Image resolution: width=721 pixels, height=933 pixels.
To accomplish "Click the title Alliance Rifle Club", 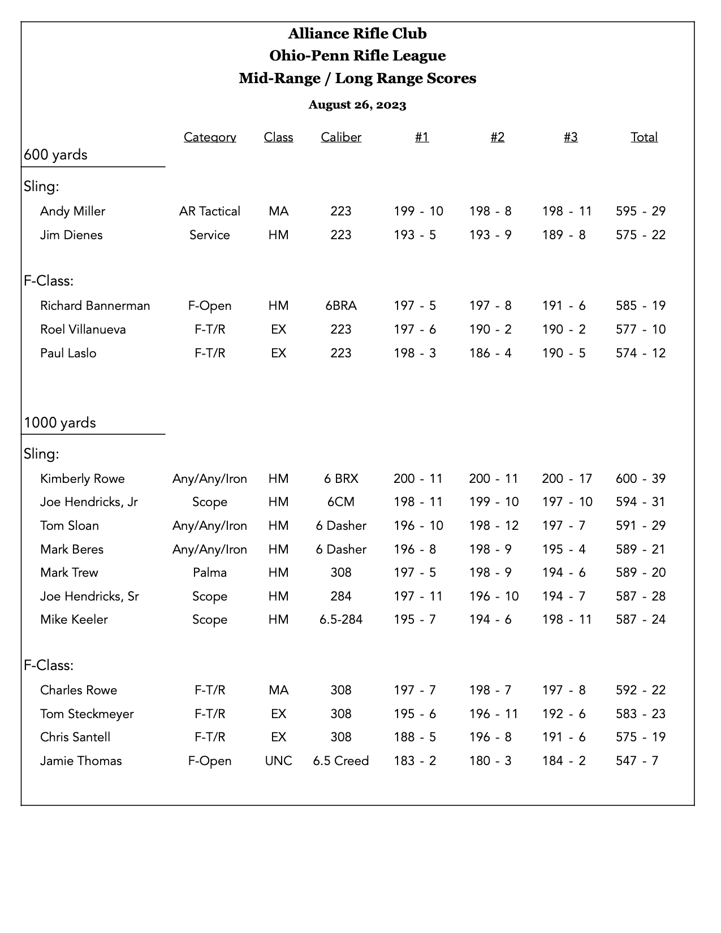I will (x=357, y=34).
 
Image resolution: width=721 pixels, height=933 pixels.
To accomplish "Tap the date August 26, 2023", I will (x=357, y=105).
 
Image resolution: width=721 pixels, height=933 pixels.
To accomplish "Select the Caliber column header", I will (x=341, y=137).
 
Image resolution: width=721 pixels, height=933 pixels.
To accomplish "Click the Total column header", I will (x=644, y=137).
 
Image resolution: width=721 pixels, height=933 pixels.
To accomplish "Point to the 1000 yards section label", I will (x=60, y=423).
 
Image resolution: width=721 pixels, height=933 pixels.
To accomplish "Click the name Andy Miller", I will (x=72, y=211).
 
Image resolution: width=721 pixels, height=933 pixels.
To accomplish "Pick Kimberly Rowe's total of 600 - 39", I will (x=641, y=479).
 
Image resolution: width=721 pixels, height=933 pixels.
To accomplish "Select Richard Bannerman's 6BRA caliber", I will (x=341, y=306).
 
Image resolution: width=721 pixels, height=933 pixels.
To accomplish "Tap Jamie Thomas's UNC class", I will (x=278, y=761).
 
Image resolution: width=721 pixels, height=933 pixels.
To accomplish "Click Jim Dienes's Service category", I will (x=210, y=235).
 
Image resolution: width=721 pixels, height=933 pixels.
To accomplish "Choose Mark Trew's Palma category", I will (x=210, y=573).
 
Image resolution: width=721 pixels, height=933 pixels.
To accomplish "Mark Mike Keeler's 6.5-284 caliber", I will (x=341, y=620).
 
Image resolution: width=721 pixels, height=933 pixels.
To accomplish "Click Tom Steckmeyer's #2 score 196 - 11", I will (x=494, y=714).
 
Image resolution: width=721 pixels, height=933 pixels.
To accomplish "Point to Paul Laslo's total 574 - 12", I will (x=641, y=353).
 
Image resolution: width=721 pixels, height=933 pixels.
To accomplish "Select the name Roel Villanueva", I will (x=83, y=330).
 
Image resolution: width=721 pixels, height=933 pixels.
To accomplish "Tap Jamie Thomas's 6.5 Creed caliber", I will (x=341, y=761).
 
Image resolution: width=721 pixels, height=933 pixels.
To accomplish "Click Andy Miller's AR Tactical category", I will (x=210, y=211).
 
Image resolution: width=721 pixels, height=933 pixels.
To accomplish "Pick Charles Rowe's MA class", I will (x=278, y=690).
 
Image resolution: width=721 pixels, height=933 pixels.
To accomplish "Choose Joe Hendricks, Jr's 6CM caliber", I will (x=341, y=502).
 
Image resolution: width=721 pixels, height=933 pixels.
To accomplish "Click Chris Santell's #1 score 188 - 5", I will (x=415, y=737).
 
